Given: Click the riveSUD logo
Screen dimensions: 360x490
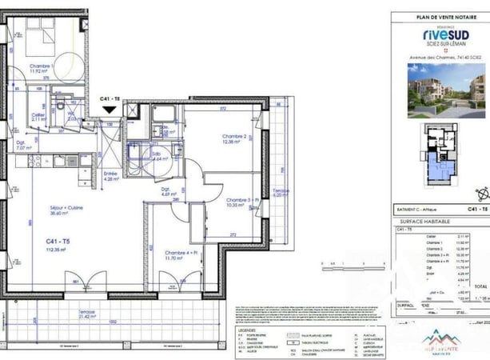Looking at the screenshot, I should [x=440, y=34].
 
